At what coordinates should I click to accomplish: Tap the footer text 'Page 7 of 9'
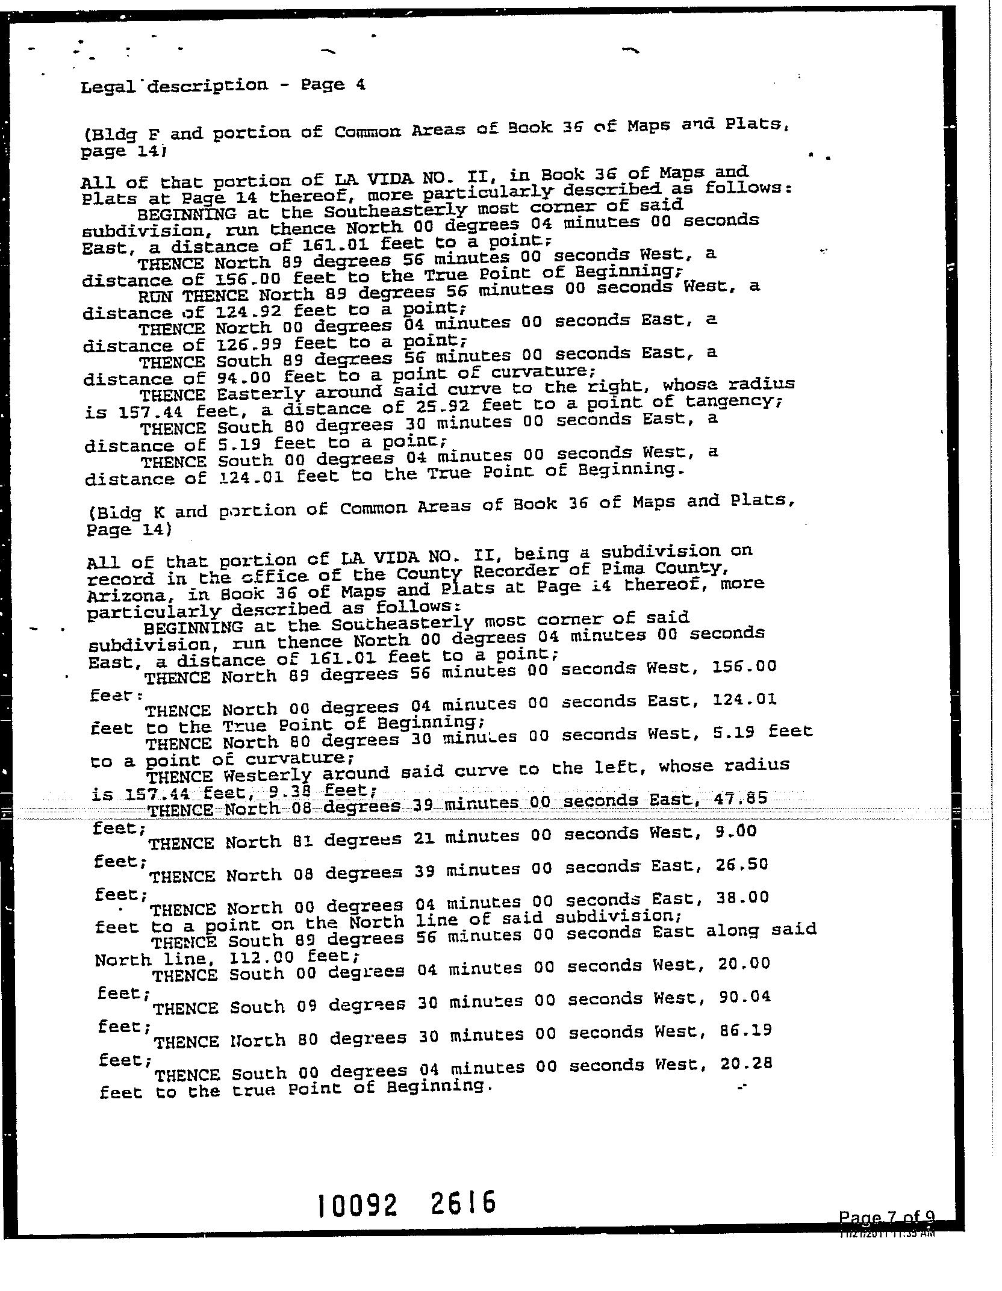coord(886,1218)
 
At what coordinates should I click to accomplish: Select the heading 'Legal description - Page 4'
coord(223,85)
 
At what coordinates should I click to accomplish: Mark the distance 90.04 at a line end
coord(744,996)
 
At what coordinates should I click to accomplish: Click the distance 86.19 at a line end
coord(745,1030)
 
